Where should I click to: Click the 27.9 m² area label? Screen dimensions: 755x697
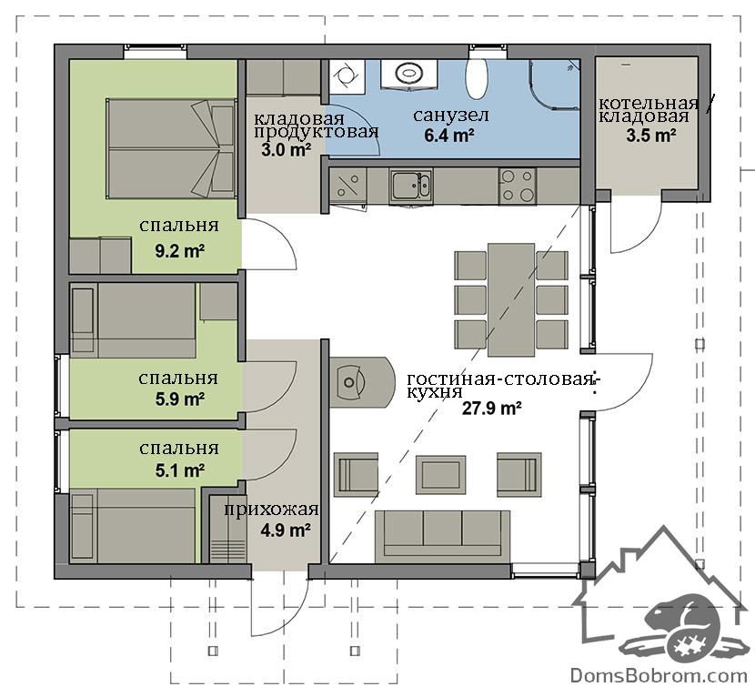click(492, 409)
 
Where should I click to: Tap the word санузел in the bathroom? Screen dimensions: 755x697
click(450, 116)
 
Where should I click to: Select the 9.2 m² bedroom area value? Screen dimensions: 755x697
click(179, 251)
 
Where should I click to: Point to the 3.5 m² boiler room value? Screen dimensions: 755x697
click(650, 136)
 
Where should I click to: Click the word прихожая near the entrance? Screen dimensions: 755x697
click(271, 510)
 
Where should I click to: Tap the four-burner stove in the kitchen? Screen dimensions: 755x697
click(518, 186)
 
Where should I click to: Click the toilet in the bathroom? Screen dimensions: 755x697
click(478, 78)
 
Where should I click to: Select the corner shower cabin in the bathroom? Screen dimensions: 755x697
click(555, 85)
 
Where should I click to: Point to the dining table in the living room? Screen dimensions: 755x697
click(511, 299)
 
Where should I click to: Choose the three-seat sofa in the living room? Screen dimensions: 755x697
click(442, 536)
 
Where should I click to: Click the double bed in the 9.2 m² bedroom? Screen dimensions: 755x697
click(171, 148)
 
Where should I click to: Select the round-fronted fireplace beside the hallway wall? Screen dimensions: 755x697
click(362, 382)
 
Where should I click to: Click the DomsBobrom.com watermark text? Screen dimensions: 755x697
click(659, 676)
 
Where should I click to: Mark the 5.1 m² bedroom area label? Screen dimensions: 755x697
click(179, 470)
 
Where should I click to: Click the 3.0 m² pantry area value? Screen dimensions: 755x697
click(286, 150)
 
